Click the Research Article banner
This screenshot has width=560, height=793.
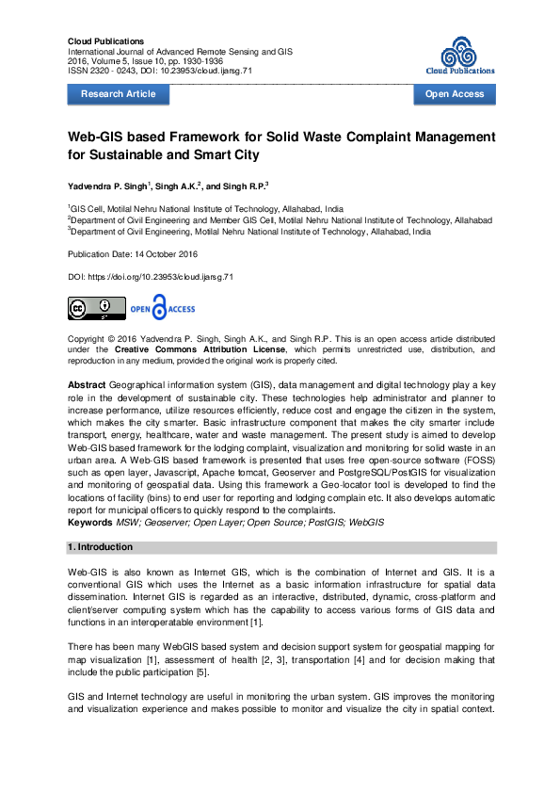coord(118,94)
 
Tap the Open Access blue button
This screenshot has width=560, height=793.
coord(455,94)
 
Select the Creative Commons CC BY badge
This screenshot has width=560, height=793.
coord(96,308)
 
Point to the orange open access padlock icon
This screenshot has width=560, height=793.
coord(160,307)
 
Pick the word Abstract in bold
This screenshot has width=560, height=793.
coord(87,386)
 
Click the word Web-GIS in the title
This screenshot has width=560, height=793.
coord(99,138)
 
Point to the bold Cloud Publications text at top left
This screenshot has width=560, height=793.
coord(105,41)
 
